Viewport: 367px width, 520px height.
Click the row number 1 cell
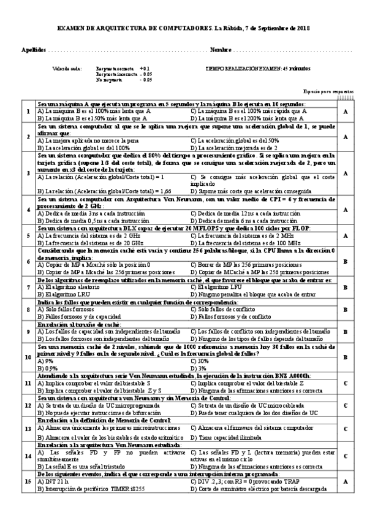28,112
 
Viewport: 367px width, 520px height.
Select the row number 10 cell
28,357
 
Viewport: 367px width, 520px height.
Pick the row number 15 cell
28,482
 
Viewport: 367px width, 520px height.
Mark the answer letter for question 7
346,286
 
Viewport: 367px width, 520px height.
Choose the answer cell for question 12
346,406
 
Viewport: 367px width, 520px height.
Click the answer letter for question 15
346,482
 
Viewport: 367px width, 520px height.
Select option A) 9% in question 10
45,362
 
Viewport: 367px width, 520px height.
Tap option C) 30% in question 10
199,362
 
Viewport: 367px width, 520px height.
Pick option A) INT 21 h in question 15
55,482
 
